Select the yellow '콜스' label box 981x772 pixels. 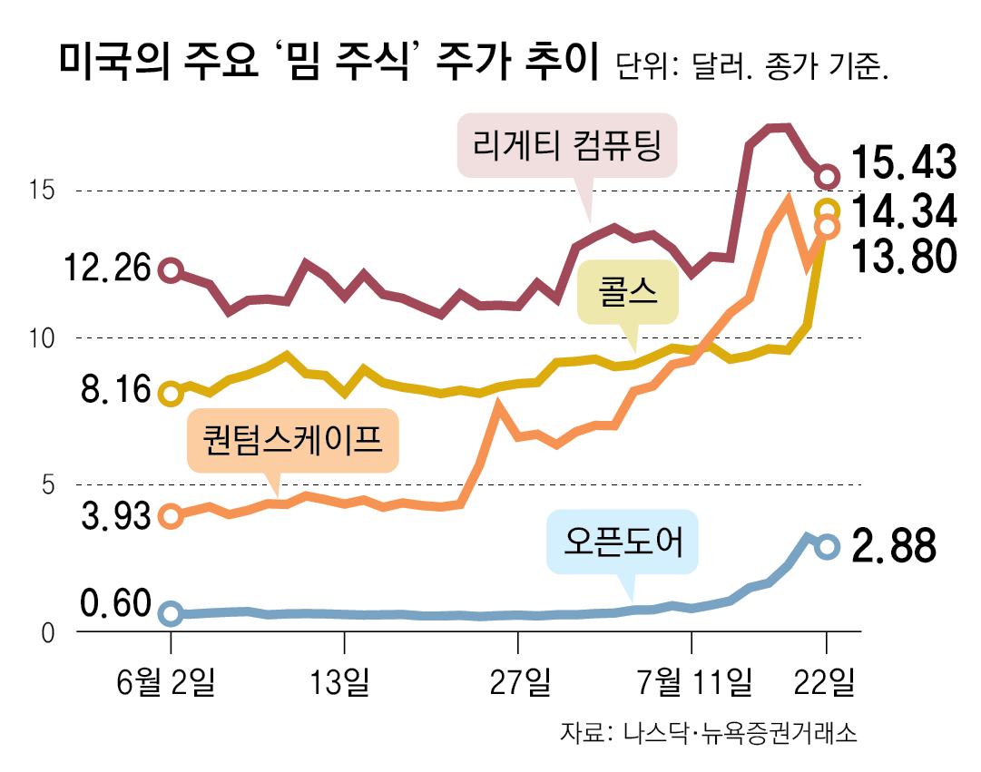tap(628, 293)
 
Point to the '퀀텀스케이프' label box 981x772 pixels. tap(292, 441)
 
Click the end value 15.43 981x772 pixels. tap(903, 164)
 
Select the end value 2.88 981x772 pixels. tap(893, 547)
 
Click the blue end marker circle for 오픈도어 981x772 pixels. tap(827, 546)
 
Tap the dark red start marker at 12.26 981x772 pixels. tap(171, 269)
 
